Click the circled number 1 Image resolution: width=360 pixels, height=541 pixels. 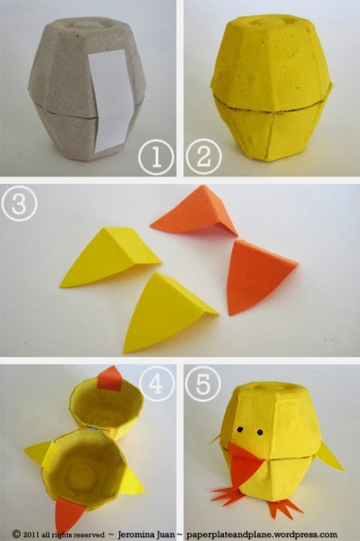(x=156, y=157)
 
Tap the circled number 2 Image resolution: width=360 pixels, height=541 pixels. (x=203, y=156)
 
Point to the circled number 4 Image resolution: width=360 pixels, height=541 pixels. (x=156, y=384)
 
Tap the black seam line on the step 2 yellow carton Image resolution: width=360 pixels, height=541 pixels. (x=272, y=106)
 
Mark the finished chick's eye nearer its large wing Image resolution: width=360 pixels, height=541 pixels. (x=260, y=432)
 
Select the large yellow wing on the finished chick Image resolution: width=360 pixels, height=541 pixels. (x=330, y=456)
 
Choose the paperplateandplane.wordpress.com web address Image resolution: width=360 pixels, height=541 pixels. (x=262, y=534)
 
